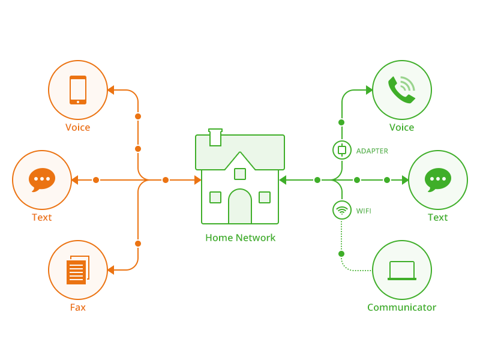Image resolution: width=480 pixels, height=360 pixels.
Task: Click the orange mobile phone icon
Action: (78, 90)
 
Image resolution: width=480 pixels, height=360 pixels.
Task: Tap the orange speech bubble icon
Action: (42, 179)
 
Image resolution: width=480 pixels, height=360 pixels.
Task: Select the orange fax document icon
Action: (77, 271)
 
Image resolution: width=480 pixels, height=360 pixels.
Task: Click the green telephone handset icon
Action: (401, 90)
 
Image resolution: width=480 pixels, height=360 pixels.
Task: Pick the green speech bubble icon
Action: (438, 179)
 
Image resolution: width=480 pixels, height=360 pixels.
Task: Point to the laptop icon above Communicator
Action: (402, 271)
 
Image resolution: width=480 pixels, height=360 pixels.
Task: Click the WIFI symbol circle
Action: (342, 210)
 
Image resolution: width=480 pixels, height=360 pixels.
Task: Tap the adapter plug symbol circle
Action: (342, 150)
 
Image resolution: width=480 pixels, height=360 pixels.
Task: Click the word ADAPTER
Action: (372, 151)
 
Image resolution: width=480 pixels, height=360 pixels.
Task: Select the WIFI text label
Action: (364, 211)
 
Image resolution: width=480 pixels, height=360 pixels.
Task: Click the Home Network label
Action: (240, 238)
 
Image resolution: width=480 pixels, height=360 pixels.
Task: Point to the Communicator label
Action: (401, 307)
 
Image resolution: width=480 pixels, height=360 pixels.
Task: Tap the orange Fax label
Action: (78, 307)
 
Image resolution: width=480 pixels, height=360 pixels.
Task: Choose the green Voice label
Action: (401, 127)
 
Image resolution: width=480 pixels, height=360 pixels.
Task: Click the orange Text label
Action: (42, 217)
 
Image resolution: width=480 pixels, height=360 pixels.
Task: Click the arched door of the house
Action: (240, 206)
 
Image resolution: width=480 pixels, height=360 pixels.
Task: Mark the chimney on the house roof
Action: (215, 137)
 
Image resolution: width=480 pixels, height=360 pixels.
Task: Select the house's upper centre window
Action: (240, 174)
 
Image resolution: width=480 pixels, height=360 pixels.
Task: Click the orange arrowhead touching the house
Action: (198, 180)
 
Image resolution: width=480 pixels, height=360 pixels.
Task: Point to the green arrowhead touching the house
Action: (283, 180)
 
